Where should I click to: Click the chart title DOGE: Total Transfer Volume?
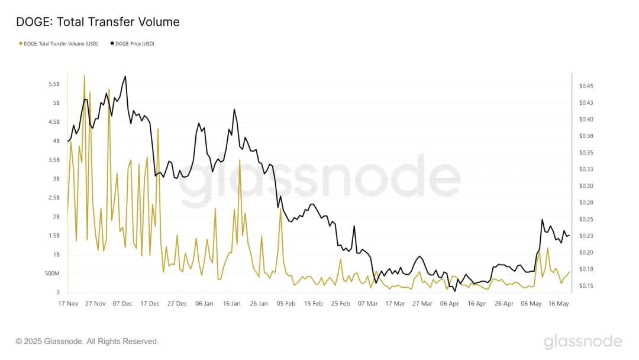(98, 22)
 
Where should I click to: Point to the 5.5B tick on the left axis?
(54, 84)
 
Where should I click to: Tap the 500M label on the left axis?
(51, 274)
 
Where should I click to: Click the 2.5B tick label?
(54, 198)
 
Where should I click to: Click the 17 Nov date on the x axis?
(68, 304)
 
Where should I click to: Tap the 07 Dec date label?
(122, 304)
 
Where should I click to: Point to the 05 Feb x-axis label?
(286, 304)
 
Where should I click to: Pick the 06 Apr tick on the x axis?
(450, 304)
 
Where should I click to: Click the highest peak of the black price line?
(125, 76)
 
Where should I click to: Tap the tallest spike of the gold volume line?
(85, 75)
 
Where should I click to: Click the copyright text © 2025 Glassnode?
(87, 342)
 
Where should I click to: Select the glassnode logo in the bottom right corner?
(583, 342)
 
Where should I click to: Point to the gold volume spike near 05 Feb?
(280, 210)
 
